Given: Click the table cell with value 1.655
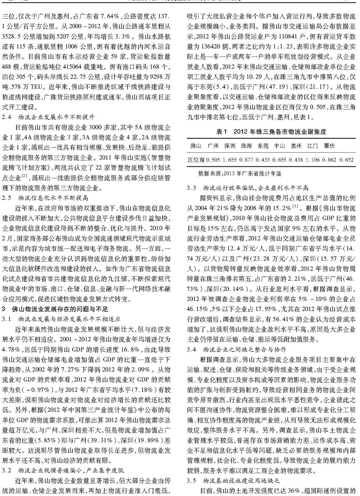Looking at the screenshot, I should tap(217, 159).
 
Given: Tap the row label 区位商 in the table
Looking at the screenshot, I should tap(192, 159).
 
